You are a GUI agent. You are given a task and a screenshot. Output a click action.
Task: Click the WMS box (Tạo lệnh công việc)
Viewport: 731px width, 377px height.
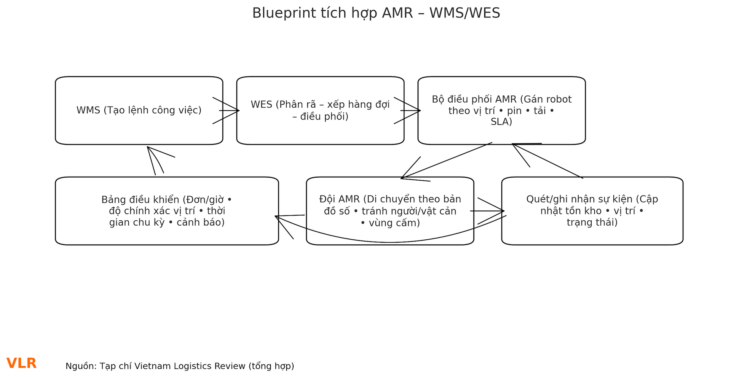pyautogui.click(x=139, y=110)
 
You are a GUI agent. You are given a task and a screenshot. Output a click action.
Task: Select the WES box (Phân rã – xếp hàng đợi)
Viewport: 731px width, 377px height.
pyautogui.click(x=320, y=110)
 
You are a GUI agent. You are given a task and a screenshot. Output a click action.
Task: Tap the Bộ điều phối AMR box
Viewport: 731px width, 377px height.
pyautogui.click(x=501, y=110)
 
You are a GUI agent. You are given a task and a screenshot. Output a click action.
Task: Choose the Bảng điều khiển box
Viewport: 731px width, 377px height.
pyautogui.click(x=167, y=211)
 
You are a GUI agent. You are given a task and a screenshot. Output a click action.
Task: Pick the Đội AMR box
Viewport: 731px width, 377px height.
pyautogui.click(x=390, y=211)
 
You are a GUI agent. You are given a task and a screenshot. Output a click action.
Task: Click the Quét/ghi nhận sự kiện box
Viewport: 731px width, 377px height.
pyautogui.click(x=592, y=211)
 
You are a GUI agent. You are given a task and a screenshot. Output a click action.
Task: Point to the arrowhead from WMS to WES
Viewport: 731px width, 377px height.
pyautogui.click(x=237, y=111)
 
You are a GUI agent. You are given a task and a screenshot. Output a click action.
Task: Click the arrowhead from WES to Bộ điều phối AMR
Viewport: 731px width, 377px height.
pyautogui.click(x=418, y=111)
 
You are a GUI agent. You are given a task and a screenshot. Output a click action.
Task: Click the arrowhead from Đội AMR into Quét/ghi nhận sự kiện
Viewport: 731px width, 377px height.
pyautogui.click(x=501, y=211)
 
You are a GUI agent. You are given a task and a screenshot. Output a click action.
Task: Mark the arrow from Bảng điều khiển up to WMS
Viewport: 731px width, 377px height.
pyautogui.click(x=152, y=161)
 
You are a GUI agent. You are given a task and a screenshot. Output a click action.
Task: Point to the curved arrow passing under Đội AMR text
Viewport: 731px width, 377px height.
pyautogui.click(x=390, y=242)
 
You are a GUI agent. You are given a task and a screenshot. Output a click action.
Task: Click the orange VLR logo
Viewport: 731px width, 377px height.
pyautogui.click(x=22, y=363)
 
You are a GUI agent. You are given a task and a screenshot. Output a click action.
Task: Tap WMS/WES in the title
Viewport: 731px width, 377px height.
pyautogui.click(x=464, y=13)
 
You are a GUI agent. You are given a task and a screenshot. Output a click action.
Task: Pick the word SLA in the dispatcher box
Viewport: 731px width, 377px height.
pyautogui.click(x=501, y=122)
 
